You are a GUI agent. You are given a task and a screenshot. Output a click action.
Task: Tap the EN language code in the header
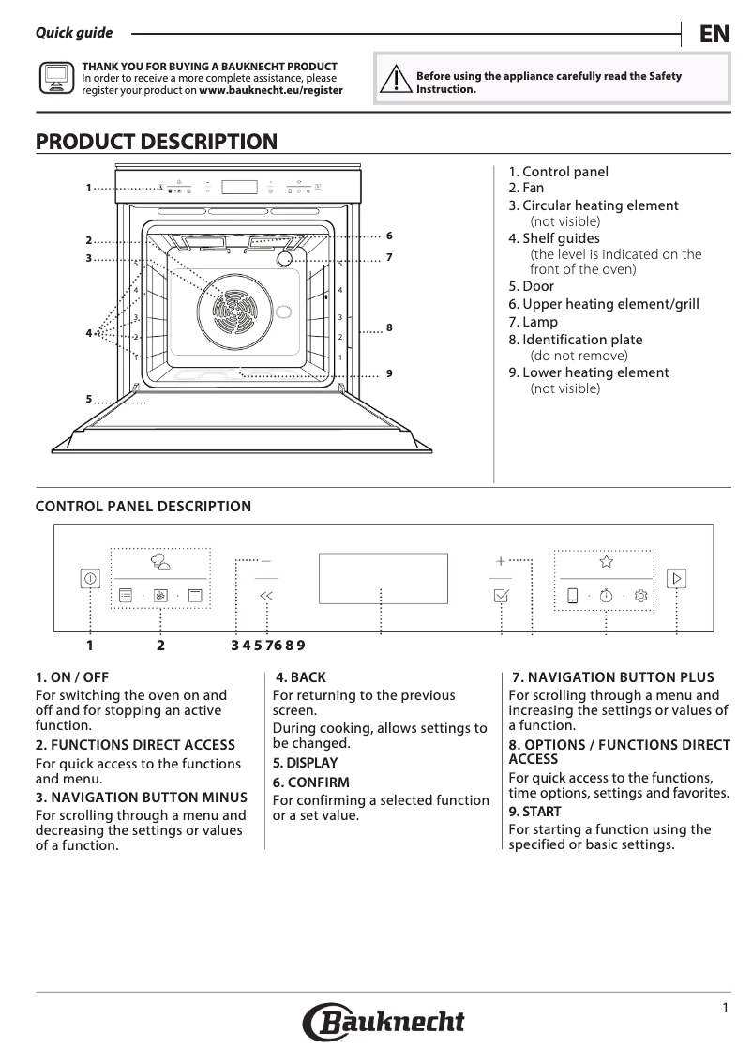coord(714,35)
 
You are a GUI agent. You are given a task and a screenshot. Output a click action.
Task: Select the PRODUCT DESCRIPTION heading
coord(157,142)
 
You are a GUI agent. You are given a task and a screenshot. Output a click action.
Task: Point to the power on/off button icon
coord(89,579)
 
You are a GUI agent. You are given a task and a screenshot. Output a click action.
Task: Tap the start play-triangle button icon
coord(676,579)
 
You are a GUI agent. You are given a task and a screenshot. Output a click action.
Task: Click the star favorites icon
coord(606,562)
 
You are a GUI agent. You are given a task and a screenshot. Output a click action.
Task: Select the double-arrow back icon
coord(266,595)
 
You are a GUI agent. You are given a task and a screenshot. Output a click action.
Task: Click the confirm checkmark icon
coord(501,595)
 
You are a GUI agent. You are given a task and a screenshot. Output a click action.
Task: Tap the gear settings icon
coord(641,595)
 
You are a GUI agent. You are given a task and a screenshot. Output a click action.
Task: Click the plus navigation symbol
coord(501,561)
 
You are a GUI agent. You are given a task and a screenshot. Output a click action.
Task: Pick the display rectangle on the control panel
coord(383,578)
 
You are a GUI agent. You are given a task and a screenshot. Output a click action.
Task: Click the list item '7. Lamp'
coord(533,322)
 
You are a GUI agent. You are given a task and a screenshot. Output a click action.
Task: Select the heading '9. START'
coord(534,811)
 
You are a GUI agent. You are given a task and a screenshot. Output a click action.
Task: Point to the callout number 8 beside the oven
coord(388,327)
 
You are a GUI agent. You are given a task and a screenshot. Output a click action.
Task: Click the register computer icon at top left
coord(54,79)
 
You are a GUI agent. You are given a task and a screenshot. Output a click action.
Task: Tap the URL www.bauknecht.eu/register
coord(271,91)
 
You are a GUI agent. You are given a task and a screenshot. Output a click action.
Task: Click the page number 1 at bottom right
coord(725,1008)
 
